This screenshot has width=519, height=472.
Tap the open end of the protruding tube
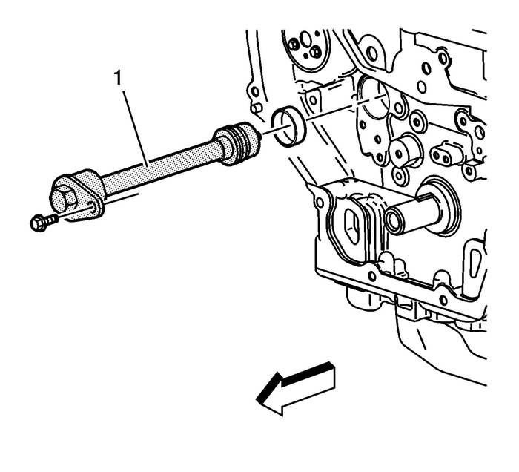(392, 220)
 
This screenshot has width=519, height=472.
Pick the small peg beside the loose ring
(257, 108)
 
